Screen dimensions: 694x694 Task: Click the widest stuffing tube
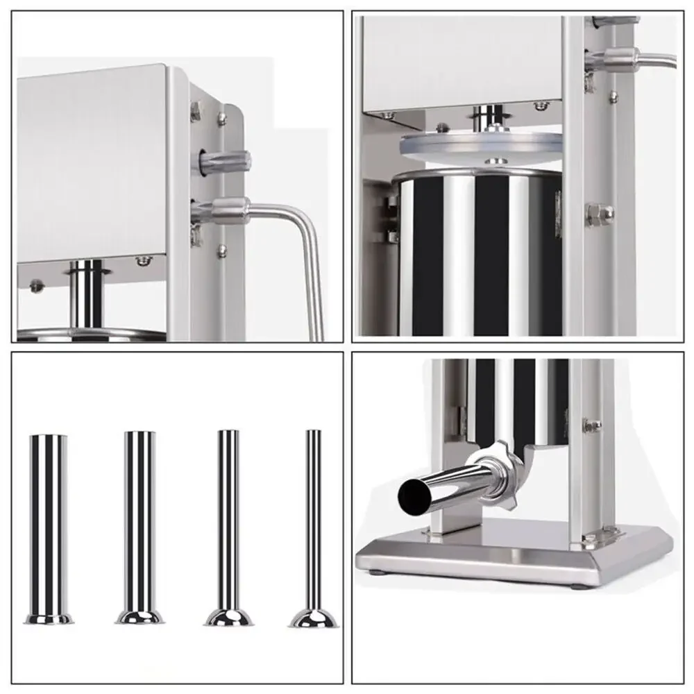48,520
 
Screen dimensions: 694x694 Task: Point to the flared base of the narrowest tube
314,617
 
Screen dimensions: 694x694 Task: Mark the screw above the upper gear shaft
222,118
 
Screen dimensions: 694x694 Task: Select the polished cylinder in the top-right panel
479,250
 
